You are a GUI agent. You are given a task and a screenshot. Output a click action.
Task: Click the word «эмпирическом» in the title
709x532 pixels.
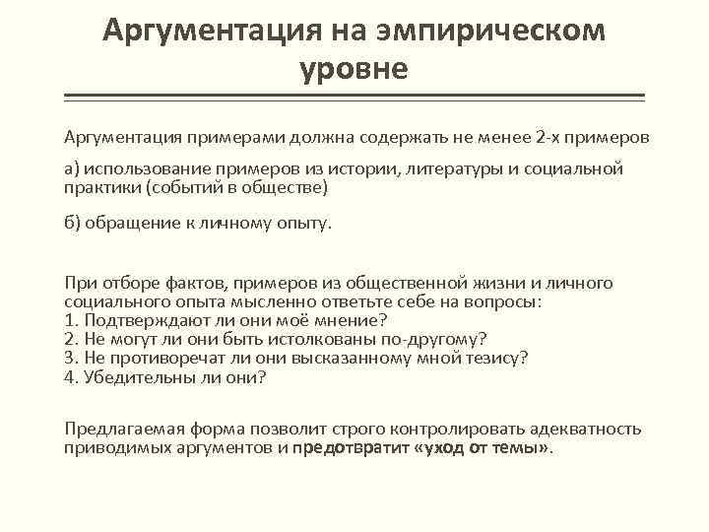click(x=490, y=31)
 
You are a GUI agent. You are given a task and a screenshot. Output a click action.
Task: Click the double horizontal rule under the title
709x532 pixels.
click(x=354, y=98)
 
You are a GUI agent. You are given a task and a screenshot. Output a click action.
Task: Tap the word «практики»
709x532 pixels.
click(x=101, y=186)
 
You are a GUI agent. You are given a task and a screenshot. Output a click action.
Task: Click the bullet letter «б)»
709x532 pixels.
click(x=73, y=222)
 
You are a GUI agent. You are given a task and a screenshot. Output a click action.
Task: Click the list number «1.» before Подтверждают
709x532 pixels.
click(x=71, y=320)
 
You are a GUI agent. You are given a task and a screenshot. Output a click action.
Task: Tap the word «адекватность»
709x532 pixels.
click(x=585, y=430)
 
